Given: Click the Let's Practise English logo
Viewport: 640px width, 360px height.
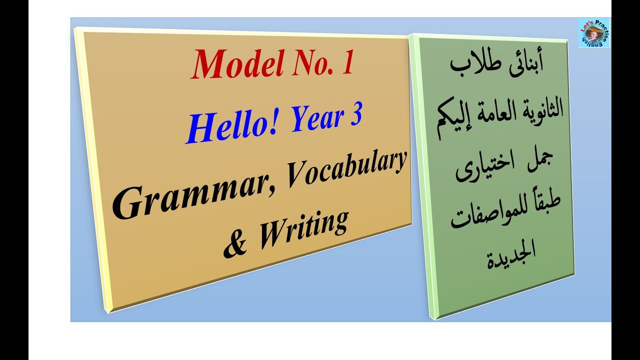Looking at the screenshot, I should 594,33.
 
